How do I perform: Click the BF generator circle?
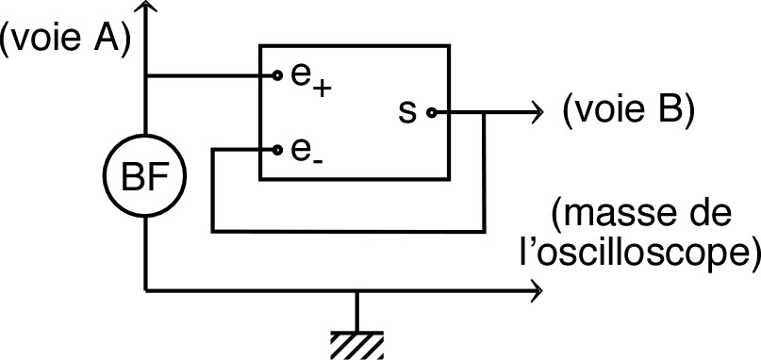coord(145,174)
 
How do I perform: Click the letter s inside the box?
coord(407,112)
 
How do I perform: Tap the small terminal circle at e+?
coord(277,74)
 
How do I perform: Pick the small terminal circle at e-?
coord(277,149)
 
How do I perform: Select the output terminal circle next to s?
coord(431,112)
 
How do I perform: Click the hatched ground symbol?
coord(356,343)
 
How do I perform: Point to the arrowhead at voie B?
coord(538,112)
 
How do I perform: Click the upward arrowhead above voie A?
coord(145,9)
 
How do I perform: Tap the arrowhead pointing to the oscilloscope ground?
coord(538,290)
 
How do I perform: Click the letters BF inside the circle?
coord(145,175)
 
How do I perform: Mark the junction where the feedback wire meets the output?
coord(484,112)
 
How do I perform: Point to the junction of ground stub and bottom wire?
coord(356,290)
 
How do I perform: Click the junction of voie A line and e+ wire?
coord(145,74)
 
